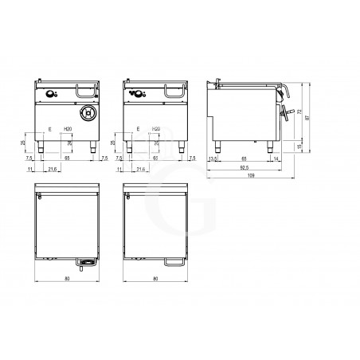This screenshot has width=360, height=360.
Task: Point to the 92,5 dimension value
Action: [252, 166]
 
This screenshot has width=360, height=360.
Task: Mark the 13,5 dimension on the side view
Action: [211, 159]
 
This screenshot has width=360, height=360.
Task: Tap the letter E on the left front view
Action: [49, 127]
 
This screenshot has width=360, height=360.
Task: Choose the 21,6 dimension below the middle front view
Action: [140, 170]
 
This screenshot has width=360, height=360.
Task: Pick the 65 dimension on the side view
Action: [242, 159]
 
